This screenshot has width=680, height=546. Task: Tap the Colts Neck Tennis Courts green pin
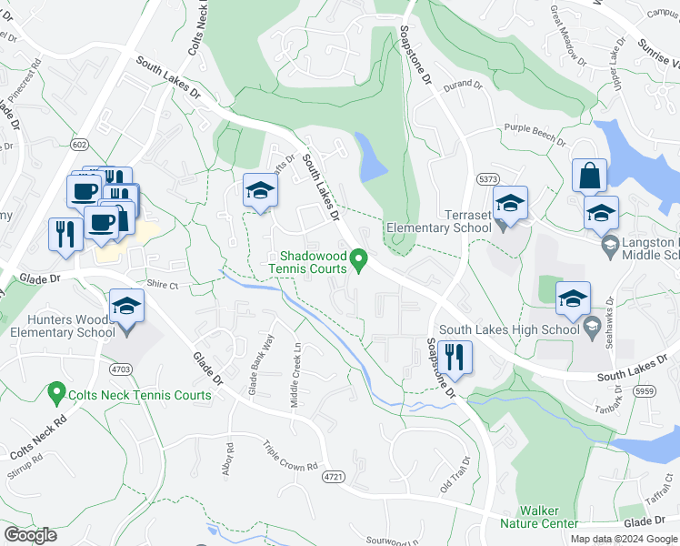[55, 394]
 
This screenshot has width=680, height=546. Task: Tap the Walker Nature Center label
[547, 517]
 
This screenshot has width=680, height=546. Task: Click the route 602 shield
[81, 144]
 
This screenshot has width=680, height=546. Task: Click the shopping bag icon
[589, 176]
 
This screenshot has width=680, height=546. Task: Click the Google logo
[30, 535]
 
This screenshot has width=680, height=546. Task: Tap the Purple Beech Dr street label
[535, 136]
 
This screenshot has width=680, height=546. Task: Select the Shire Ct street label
[165, 285]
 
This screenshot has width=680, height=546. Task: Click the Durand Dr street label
[462, 85]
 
